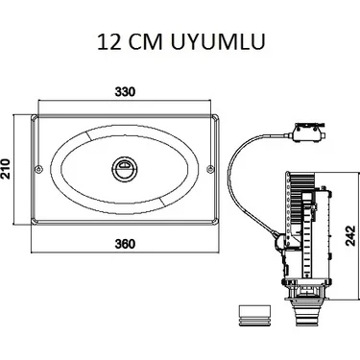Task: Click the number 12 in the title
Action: (109, 42)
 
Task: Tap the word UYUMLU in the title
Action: (218, 42)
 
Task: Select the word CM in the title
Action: (146, 42)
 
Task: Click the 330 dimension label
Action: (125, 92)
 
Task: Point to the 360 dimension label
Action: (125, 244)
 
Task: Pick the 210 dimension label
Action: (6, 169)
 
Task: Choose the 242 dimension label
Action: (351, 236)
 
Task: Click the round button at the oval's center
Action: (125, 168)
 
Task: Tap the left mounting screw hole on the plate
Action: (39, 169)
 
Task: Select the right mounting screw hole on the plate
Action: (210, 169)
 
